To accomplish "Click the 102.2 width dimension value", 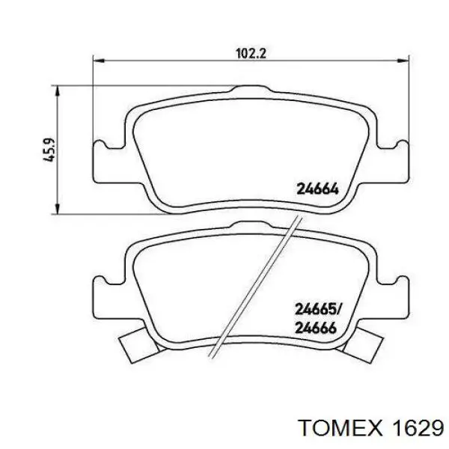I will tap(251, 53).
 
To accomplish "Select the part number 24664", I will tap(318, 189).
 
